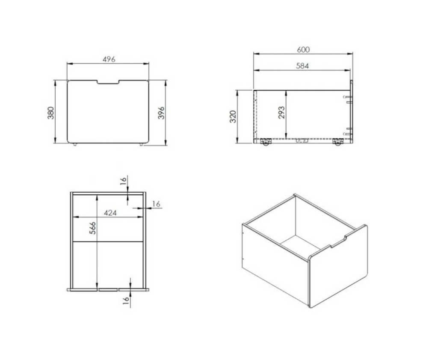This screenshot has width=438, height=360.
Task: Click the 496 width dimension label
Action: click(109, 59)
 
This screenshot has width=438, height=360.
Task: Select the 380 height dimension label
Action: click(50, 113)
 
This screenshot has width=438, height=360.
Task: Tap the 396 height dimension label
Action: click(161, 113)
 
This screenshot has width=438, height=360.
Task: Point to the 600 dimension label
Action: click(303, 50)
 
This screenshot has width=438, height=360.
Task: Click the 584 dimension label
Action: click(302, 66)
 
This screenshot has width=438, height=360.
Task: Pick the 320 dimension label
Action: click(233, 116)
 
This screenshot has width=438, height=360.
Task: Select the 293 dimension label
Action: click(281, 112)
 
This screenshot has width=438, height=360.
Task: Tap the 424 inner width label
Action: click(110, 213)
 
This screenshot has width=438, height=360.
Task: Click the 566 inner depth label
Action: click(92, 228)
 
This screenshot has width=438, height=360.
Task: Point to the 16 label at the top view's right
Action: click(157, 204)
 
